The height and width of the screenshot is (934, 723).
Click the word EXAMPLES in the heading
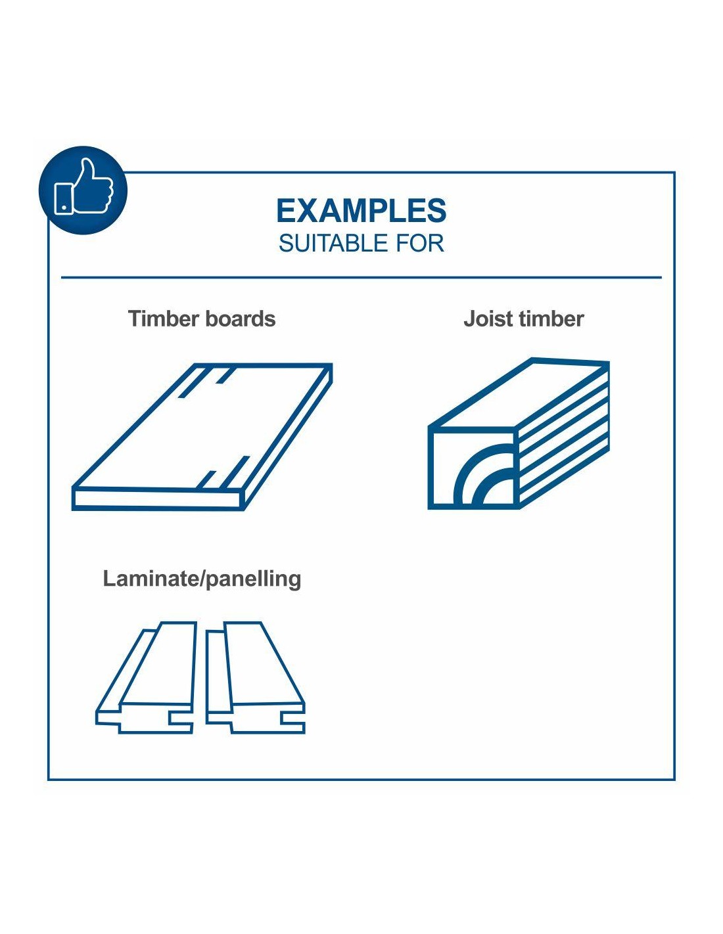[361, 211]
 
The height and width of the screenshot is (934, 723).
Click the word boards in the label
[240, 319]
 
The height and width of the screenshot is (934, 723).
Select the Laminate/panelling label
[202, 579]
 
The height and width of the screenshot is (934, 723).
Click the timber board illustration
[202, 437]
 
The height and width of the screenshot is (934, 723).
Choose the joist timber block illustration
[519, 434]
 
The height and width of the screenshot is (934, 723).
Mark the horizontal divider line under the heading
[361, 278]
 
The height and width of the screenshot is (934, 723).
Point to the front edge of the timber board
[158, 499]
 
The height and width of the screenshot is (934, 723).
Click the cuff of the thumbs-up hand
[63, 198]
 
